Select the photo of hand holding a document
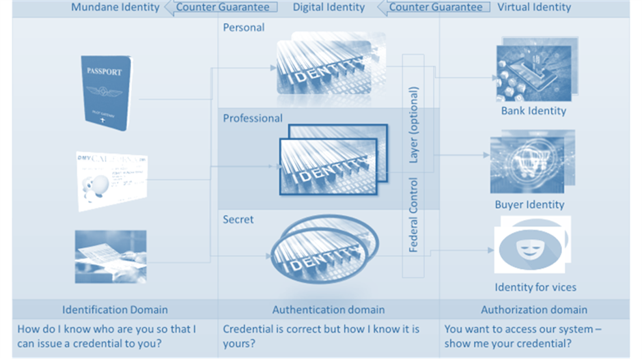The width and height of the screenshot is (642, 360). [x=110, y=256]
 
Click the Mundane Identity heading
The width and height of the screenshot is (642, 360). [x=115, y=8]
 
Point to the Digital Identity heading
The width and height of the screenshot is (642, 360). [x=329, y=8]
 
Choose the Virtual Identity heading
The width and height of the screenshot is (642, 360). [x=533, y=8]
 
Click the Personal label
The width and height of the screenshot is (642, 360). [x=243, y=28]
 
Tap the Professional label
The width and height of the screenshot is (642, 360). [x=253, y=118]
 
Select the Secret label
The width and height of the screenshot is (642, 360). [x=238, y=219]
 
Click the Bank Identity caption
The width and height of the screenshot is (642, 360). [x=533, y=111]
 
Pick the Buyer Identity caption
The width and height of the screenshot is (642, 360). [x=529, y=204]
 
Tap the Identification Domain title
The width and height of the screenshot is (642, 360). [x=115, y=309]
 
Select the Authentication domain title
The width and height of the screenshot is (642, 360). [x=329, y=309]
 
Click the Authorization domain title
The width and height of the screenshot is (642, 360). [x=533, y=309]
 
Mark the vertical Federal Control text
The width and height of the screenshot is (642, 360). [x=414, y=215]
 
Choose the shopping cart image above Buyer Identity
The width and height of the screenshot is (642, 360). [x=532, y=163]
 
